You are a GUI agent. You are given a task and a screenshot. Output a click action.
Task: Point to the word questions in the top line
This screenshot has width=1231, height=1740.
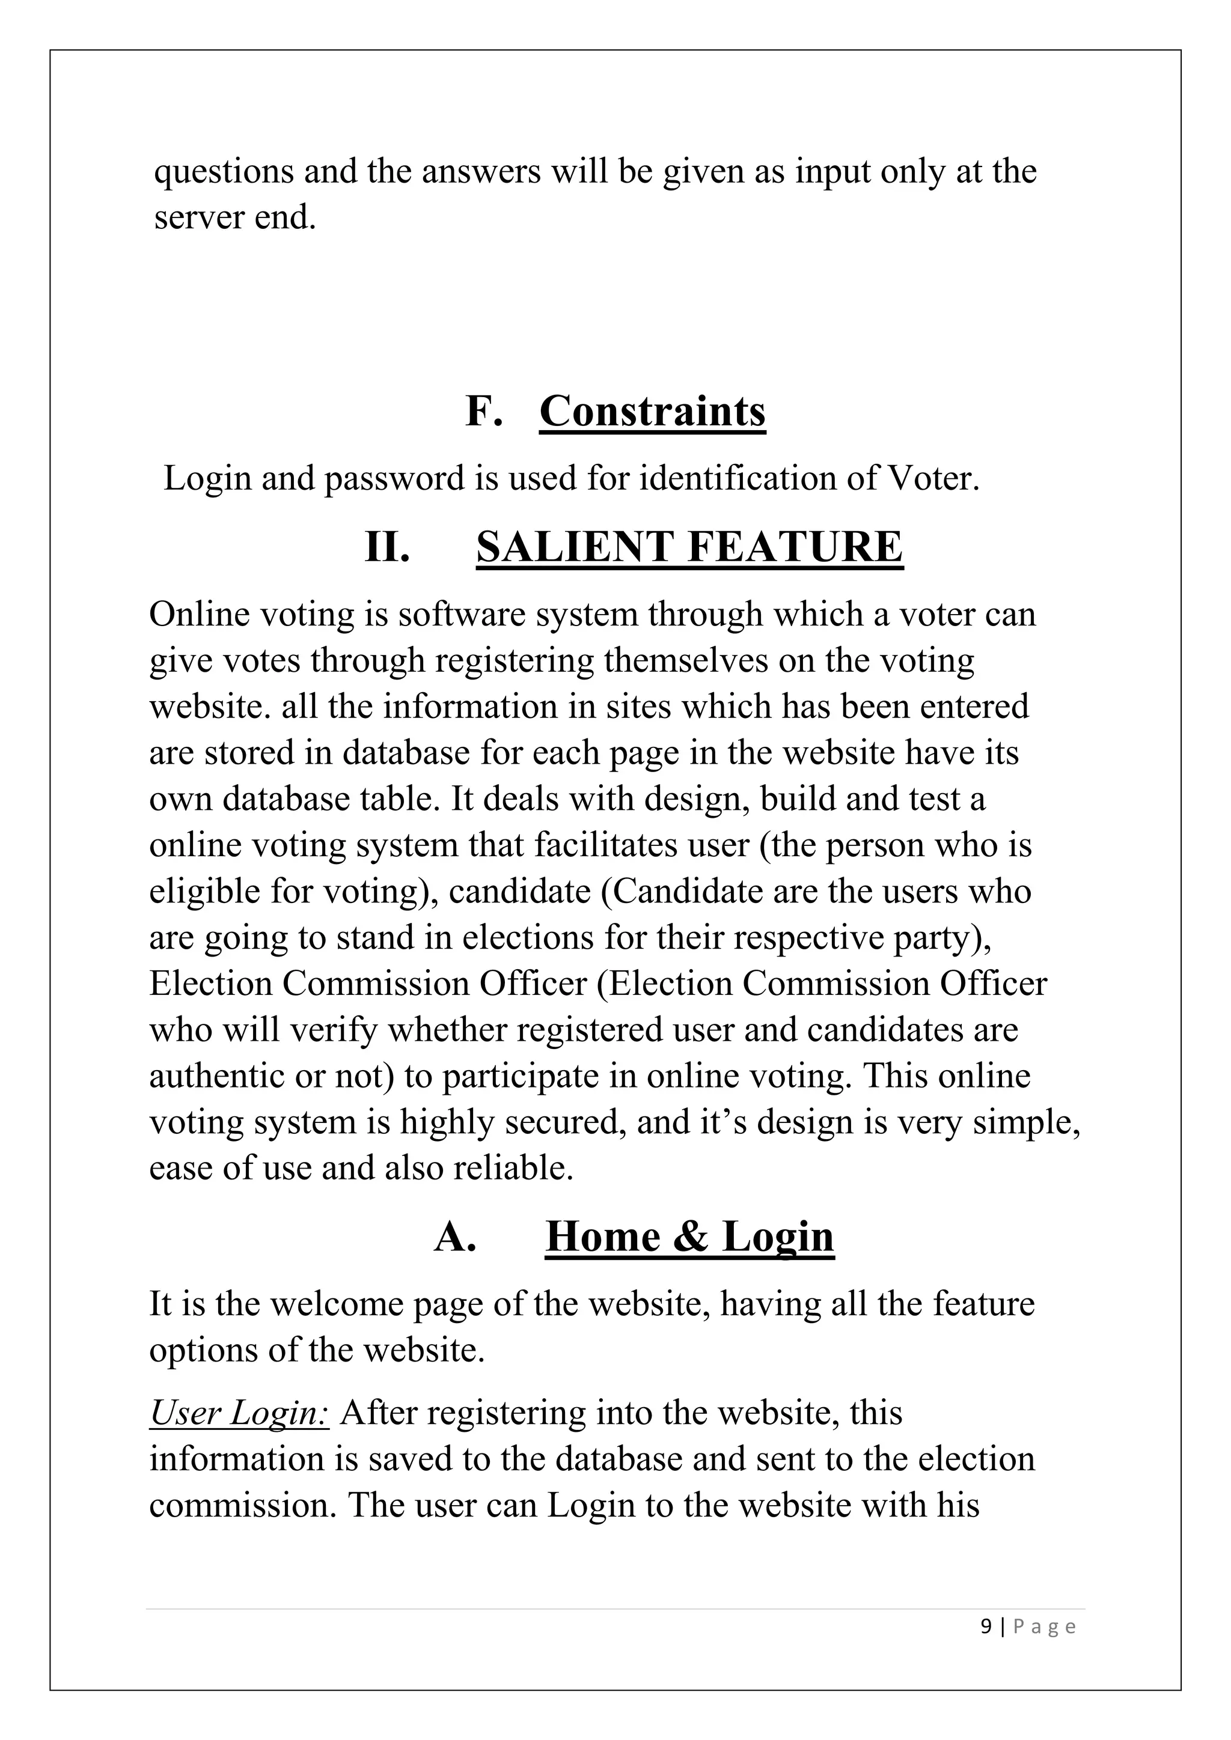tap(224, 171)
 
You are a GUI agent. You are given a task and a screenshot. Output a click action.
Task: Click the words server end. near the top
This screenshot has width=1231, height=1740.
tap(235, 218)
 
